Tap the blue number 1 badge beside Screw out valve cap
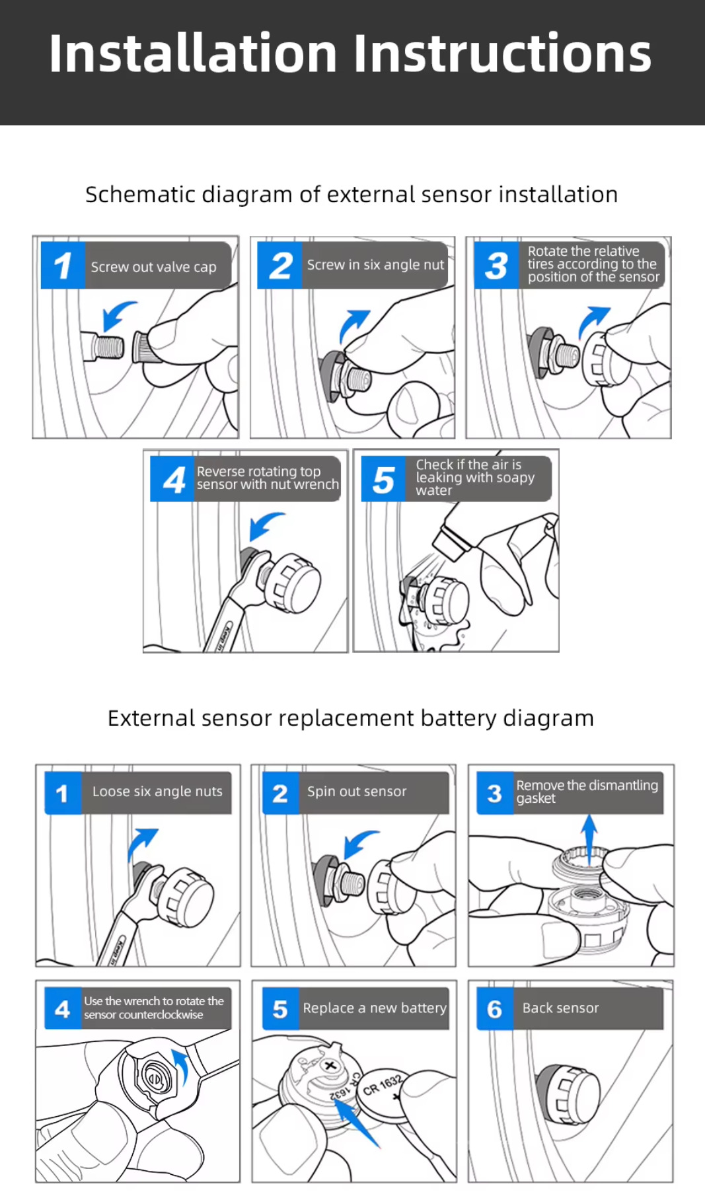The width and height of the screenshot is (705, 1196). [x=63, y=266]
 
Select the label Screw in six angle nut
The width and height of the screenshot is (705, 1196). [x=375, y=265]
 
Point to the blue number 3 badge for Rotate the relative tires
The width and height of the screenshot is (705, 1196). [x=496, y=266]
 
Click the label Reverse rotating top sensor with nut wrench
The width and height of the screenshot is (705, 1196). [x=267, y=478]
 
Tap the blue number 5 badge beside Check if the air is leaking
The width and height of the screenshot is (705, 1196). [x=384, y=480]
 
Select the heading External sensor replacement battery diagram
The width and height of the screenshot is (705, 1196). [x=351, y=718]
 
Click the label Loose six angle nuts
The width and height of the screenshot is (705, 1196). [x=157, y=792]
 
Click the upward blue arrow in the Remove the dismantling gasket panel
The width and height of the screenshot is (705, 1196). [x=589, y=834]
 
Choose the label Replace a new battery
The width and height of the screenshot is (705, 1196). [x=375, y=1008]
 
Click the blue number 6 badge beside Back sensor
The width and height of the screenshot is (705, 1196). [x=494, y=1009]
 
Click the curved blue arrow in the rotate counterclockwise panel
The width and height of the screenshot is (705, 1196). [x=180, y=1066]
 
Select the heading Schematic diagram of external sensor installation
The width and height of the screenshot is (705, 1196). [x=352, y=195]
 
